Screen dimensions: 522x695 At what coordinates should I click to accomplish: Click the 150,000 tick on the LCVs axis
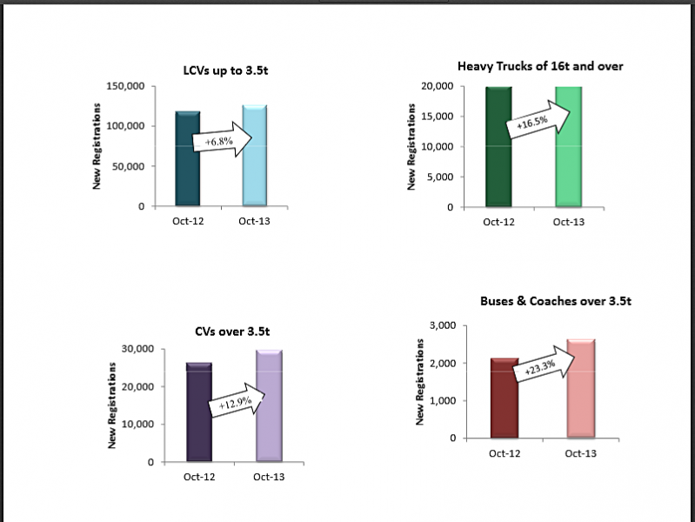point(124,86)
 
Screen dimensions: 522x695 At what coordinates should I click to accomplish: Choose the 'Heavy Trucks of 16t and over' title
point(540,66)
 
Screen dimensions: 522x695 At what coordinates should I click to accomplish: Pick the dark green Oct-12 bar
point(498,148)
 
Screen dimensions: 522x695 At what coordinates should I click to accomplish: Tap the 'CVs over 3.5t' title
point(233,331)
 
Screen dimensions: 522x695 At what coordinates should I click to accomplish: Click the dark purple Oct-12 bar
point(200,412)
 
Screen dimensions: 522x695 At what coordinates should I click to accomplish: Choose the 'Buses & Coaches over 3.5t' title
point(555,302)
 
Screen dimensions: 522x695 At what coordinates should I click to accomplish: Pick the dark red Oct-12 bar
point(505,398)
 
